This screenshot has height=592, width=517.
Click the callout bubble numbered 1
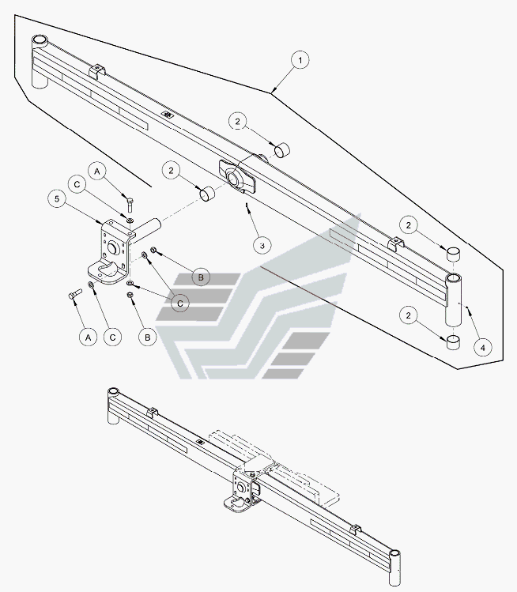[299, 60]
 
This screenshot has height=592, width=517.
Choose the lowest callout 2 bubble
[409, 315]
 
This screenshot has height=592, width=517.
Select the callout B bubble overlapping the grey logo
[201, 277]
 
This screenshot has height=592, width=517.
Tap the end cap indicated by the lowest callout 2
[453, 341]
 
